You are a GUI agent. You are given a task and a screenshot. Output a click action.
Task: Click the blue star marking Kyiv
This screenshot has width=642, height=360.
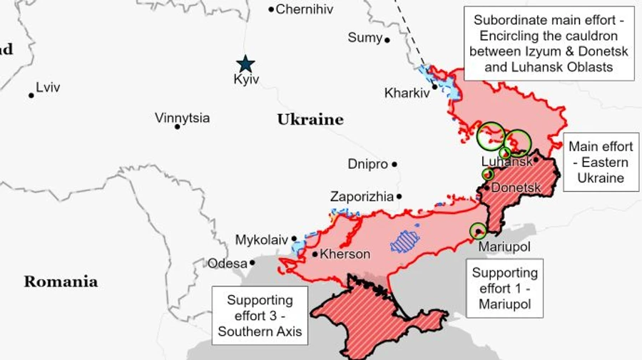pos(245,63)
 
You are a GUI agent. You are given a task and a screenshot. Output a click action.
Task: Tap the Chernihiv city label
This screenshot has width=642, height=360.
pos(305,9)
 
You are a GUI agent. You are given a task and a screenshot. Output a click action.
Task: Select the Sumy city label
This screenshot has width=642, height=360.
pos(365,38)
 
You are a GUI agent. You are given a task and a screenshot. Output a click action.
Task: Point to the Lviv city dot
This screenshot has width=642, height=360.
pos(31,95)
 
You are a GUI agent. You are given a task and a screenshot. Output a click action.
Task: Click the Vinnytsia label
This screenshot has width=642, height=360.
pos(183,118)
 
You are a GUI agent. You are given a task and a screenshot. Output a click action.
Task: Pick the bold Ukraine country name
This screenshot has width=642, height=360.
pos(310,120)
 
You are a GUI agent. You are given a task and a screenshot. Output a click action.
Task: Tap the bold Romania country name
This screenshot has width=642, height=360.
pos(61,282)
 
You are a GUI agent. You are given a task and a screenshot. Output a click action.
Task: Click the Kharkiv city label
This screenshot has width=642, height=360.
pos(406,93)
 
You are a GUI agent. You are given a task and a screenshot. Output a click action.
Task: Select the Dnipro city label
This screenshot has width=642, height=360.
pos(367,164)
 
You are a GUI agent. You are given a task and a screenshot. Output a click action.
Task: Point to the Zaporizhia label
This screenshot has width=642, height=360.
pos(362,196)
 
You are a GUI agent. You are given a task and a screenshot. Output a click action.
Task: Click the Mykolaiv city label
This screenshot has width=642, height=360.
pos(261,240)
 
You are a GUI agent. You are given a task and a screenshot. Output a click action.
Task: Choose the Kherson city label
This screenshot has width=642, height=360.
pos(345,254)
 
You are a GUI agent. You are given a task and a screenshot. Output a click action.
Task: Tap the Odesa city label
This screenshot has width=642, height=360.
pos(227,264)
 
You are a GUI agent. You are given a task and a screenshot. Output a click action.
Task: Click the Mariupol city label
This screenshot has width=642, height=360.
pos(504,247)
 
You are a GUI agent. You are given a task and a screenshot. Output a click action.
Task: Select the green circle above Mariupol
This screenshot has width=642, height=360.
pos(478,230)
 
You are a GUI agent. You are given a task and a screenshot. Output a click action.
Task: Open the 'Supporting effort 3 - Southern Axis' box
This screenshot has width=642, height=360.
pos(260,316)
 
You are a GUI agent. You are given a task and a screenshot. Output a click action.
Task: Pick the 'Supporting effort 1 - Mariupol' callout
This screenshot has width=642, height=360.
pos(504,288)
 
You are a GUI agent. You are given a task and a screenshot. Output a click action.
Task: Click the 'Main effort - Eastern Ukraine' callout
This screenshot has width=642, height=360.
pos(601,163)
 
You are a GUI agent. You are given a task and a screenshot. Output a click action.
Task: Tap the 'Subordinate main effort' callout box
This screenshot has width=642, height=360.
pos(549,43)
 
